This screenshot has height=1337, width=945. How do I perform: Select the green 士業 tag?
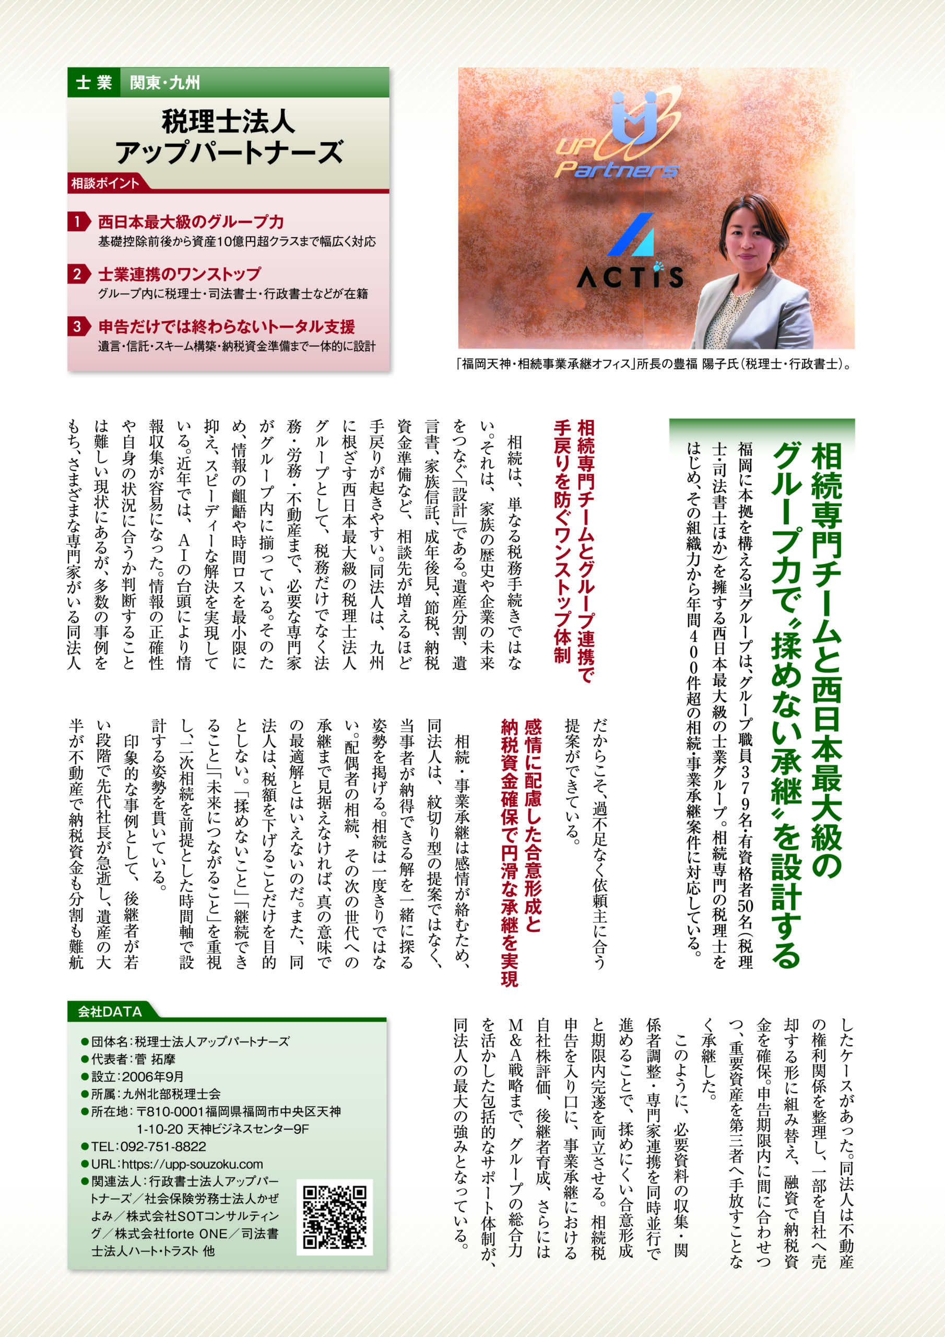pyautogui.click(x=94, y=83)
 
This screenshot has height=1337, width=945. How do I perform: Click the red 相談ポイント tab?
pyautogui.click(x=105, y=183)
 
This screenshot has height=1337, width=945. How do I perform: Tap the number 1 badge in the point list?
pyautogui.click(x=77, y=222)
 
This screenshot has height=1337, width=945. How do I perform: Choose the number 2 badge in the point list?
pyautogui.click(x=77, y=274)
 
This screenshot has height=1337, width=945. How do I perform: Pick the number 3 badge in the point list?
pyautogui.click(x=77, y=326)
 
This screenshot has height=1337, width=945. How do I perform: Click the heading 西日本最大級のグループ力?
pyautogui.click(x=191, y=222)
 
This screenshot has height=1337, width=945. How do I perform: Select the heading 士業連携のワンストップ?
pyautogui.click(x=179, y=274)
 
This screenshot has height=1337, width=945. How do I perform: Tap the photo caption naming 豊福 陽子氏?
pyautogui.click(x=655, y=364)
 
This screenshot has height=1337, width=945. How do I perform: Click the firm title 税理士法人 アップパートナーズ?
pyautogui.click(x=228, y=137)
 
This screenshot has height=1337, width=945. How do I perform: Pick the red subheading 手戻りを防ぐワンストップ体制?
pyautogui.click(x=562, y=542)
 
